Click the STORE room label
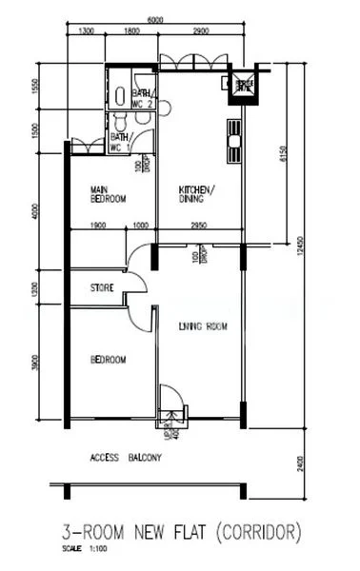[x=103, y=286]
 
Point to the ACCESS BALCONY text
[x=126, y=458]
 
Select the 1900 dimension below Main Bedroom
[x=97, y=226]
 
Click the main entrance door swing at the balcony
[x=171, y=399]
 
